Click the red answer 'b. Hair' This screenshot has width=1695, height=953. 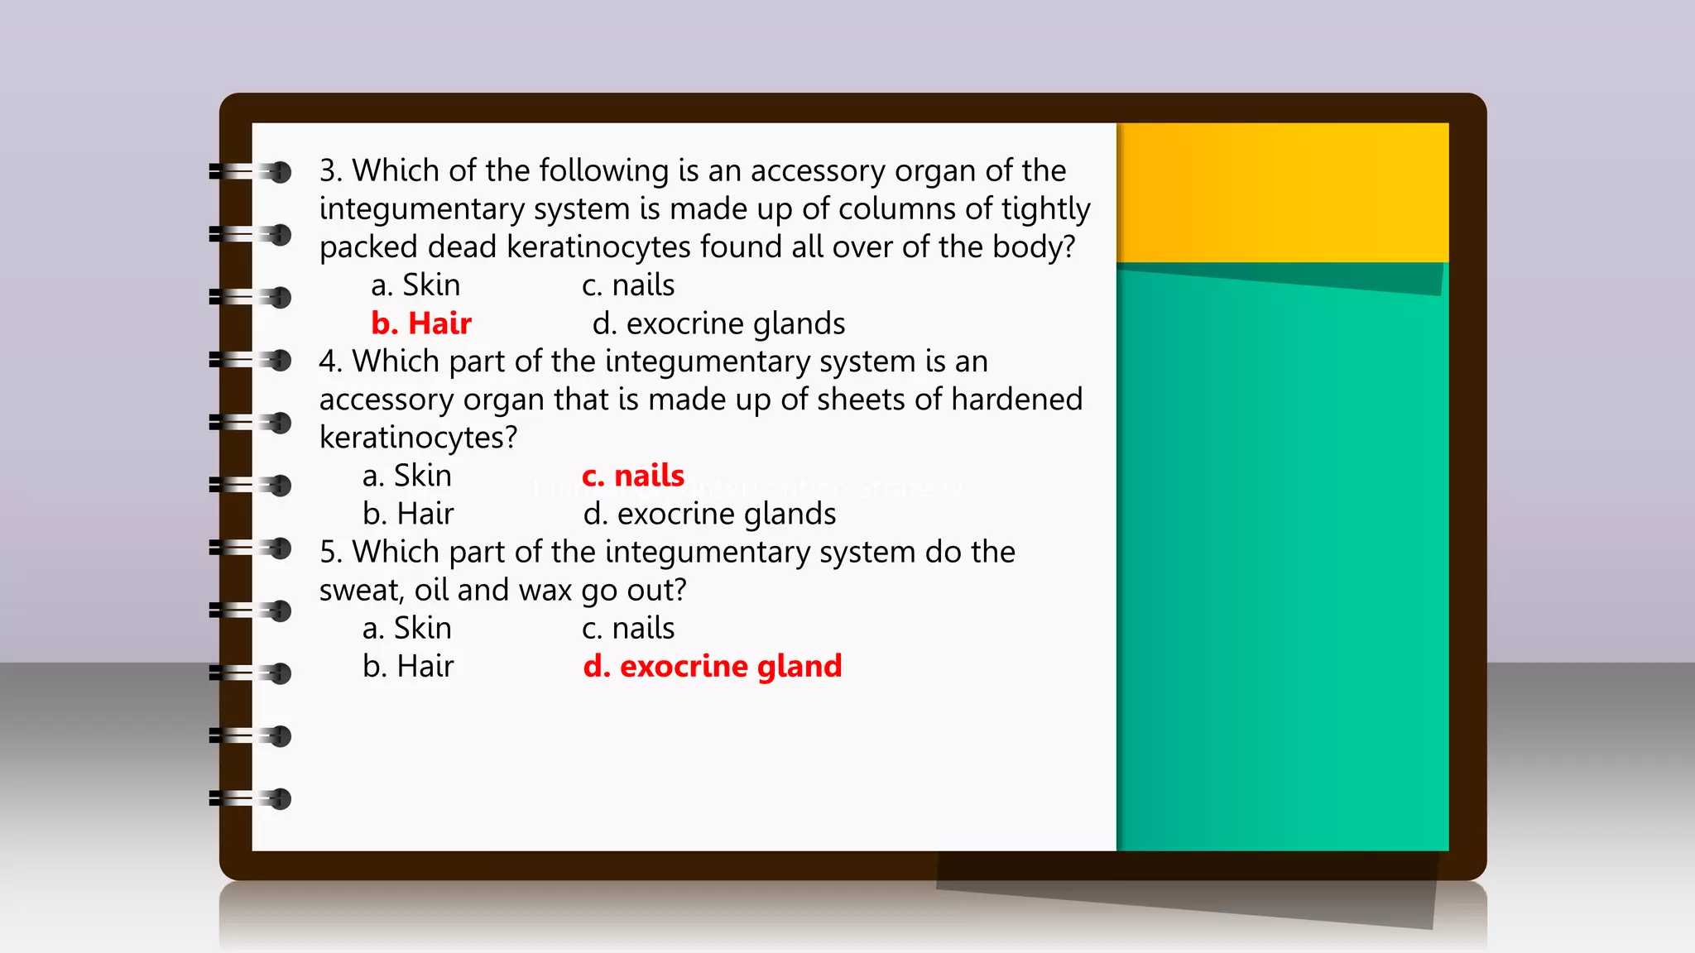tap(421, 323)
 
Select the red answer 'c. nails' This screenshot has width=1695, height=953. tap(633, 476)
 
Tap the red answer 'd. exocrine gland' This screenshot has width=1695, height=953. tap(713, 666)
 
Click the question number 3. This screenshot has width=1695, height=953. tap(330, 171)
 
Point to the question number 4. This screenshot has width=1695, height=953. tap(330, 362)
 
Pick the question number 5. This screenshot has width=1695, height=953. tap(330, 552)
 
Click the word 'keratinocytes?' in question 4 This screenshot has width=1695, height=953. tap(418, 438)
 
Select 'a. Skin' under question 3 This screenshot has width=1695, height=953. tap(415, 285)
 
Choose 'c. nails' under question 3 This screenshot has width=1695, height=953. tap(628, 285)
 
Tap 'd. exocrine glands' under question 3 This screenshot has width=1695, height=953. tap(718, 323)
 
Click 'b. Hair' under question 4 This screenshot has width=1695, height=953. tap(408, 514)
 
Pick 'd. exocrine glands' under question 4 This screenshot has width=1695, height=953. tap(709, 514)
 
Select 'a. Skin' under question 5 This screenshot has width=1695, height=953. tap(407, 628)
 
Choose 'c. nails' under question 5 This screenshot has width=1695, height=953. tap(628, 628)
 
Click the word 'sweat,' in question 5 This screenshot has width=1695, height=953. tap(362, 591)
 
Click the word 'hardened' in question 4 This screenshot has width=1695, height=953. tap(1016, 400)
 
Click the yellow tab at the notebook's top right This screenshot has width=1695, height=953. tap(1282, 192)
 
